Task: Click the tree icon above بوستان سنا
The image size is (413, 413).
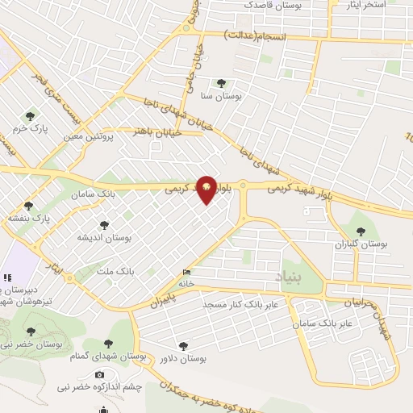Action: pos(222,82)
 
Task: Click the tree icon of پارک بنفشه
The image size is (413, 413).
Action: pos(29,206)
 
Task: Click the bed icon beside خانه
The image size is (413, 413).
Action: pos(187,273)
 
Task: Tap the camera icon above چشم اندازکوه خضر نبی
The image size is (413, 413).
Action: pos(100,374)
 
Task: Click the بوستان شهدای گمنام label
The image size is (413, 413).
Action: pos(114,356)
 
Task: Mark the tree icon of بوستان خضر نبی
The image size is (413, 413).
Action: pos(31,332)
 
